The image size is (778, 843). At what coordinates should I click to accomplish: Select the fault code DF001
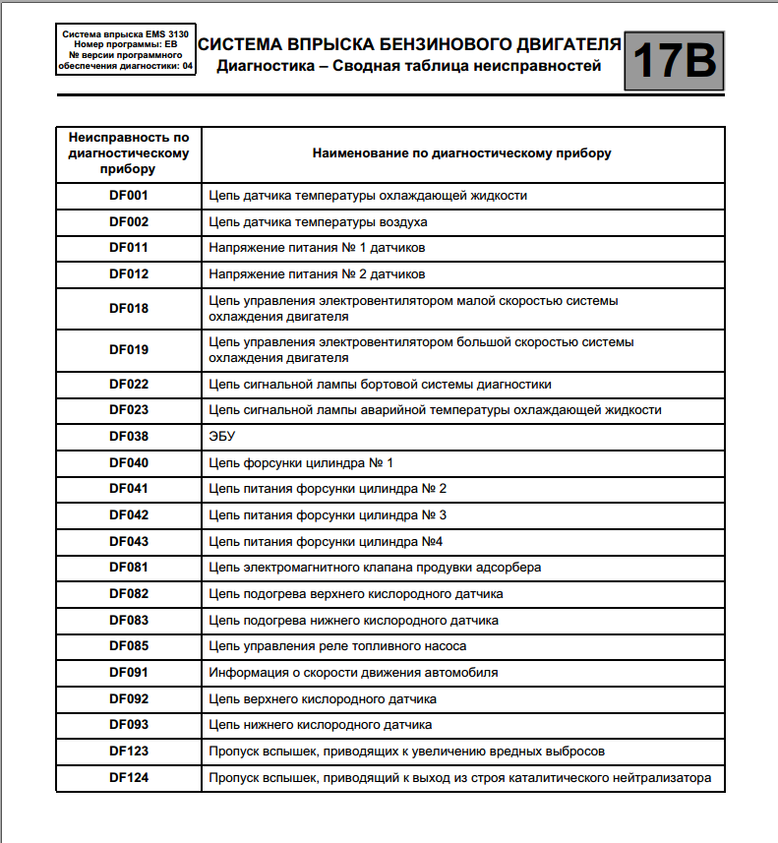[x=129, y=195]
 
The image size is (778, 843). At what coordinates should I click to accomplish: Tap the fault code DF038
[x=129, y=436]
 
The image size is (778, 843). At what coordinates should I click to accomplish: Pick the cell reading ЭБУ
[x=222, y=436]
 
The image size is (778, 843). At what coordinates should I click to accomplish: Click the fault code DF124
[x=129, y=778]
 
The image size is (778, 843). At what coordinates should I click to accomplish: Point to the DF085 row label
[x=129, y=646]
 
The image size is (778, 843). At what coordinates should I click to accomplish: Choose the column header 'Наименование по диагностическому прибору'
[x=461, y=153]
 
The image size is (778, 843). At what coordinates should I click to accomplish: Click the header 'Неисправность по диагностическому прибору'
[x=129, y=153]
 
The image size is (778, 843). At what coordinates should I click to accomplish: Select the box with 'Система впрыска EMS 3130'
[x=126, y=50]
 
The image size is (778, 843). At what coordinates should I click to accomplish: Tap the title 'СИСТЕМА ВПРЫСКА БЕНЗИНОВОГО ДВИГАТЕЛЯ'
[x=409, y=44]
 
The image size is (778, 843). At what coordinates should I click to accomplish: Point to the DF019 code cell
[x=129, y=349]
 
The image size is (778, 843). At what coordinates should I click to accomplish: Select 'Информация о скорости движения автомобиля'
[x=353, y=673]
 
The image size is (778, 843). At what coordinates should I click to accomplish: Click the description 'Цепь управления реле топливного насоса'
[x=337, y=646]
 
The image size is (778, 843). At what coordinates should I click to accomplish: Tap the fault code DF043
[x=129, y=541]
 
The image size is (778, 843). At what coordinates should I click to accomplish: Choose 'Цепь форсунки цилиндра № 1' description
[x=301, y=462]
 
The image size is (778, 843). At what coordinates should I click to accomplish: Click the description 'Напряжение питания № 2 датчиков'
[x=317, y=273]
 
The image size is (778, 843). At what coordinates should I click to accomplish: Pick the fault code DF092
[x=129, y=698]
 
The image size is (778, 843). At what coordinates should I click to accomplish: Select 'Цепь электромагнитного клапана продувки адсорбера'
[x=375, y=568]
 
